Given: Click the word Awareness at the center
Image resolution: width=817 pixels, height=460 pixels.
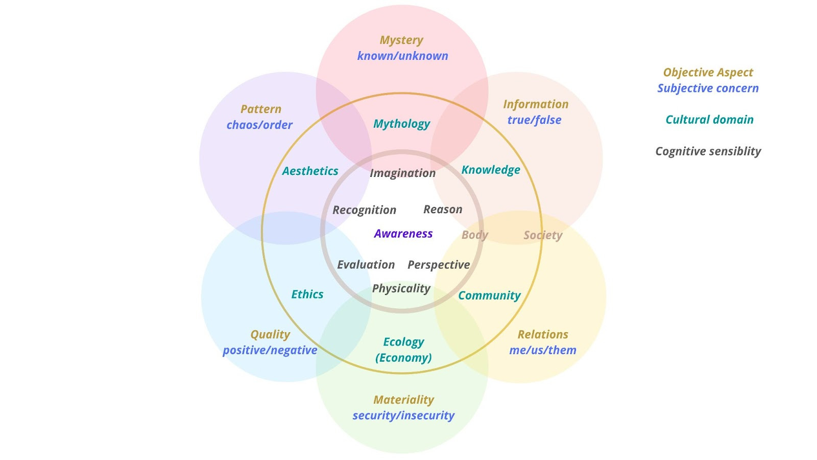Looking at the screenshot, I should click(x=403, y=234).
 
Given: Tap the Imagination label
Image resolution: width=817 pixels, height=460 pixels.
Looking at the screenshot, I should click(x=402, y=173).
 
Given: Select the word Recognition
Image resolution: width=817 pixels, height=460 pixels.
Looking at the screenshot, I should click(x=364, y=210).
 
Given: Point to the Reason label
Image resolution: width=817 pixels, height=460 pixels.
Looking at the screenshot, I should click(x=443, y=210).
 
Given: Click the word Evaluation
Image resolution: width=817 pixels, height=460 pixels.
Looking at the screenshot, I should click(x=366, y=265).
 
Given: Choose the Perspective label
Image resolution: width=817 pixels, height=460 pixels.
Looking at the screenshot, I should click(x=439, y=265).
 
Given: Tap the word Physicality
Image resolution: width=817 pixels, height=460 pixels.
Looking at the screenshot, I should click(x=401, y=289).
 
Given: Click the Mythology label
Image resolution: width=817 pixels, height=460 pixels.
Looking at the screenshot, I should click(x=401, y=124).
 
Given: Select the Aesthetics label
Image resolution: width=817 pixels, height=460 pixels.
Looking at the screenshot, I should click(x=310, y=171).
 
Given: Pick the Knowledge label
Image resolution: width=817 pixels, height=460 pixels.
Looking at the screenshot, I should click(x=491, y=170).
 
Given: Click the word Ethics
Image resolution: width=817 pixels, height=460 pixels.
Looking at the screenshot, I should click(x=307, y=294).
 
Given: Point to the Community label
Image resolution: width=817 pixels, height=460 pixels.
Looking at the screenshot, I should click(x=489, y=295).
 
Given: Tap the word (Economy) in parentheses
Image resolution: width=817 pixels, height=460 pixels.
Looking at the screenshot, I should click(x=403, y=358).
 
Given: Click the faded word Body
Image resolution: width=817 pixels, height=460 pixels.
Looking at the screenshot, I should click(x=475, y=235).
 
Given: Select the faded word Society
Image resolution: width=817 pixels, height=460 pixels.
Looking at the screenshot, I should click(x=543, y=235).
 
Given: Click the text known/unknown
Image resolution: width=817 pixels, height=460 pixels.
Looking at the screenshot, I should click(x=402, y=56).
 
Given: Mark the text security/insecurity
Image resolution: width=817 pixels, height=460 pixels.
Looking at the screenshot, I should click(x=403, y=416).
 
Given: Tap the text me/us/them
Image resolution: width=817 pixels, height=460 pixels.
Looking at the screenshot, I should click(x=543, y=350).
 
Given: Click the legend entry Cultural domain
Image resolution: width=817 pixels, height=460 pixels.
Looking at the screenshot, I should click(x=709, y=120).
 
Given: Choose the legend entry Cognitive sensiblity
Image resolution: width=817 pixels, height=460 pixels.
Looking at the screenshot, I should click(x=708, y=151).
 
